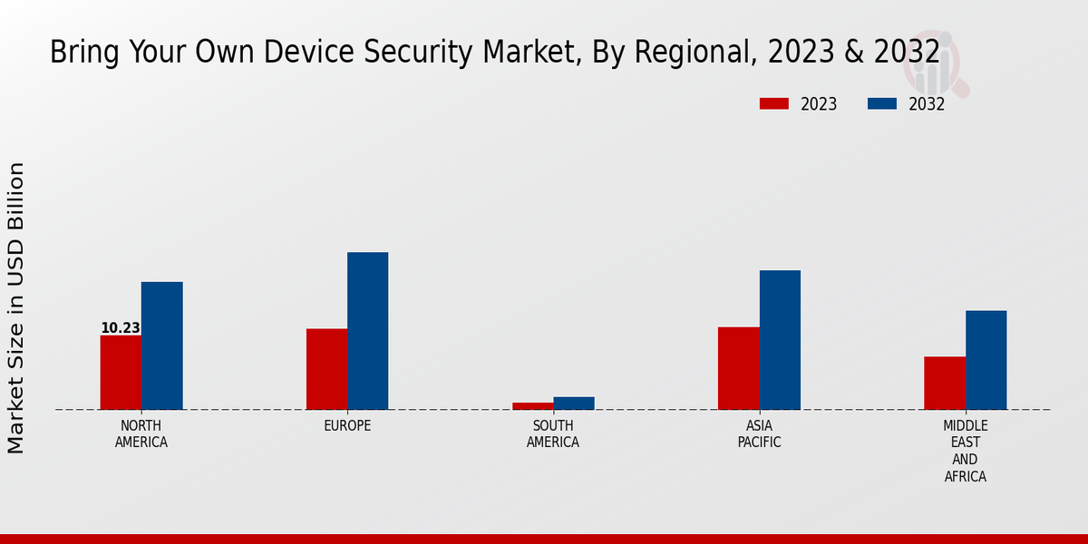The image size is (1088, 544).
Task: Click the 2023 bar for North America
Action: point(121,373)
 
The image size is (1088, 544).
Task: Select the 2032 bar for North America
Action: point(161,345)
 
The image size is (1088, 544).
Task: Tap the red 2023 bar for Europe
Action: point(326,369)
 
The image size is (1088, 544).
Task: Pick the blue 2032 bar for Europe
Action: point(367,331)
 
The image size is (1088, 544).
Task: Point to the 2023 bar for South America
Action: point(532,406)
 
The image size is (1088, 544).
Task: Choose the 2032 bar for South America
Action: point(574,403)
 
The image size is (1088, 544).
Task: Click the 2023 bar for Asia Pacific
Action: point(738,368)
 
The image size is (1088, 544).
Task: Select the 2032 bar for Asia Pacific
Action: point(780,340)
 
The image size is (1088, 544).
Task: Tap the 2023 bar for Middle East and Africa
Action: point(945,383)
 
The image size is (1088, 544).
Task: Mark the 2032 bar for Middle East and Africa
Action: point(986,360)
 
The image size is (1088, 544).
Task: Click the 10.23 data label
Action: point(120,328)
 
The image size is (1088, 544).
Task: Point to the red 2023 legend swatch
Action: point(773,104)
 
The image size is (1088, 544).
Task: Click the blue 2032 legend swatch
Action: point(881,104)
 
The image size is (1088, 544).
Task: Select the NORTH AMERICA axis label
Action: point(141,434)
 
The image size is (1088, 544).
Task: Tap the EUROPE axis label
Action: point(347,426)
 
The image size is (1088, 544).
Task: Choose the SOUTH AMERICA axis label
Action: point(553,434)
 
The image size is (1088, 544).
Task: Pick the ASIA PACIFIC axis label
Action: point(759,434)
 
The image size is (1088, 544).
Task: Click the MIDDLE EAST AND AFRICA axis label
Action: point(965,451)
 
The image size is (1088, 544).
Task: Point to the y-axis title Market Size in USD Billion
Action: point(16,308)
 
